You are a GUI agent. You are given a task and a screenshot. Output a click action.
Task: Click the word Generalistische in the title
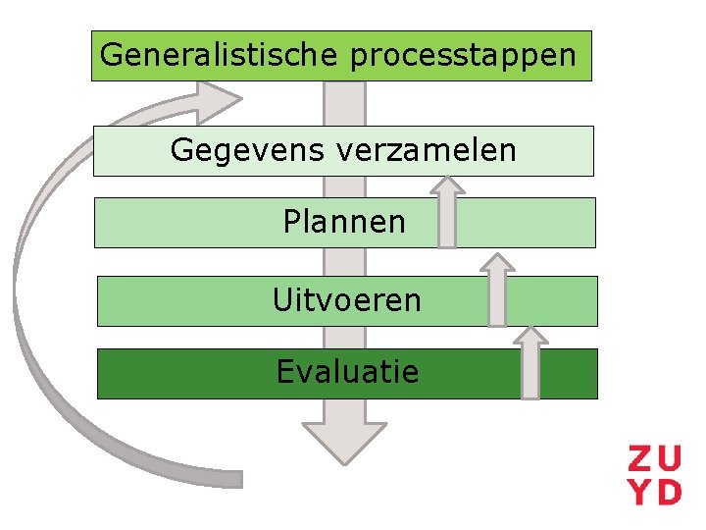[221, 55]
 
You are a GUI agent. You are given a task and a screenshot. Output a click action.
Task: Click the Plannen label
[344, 222]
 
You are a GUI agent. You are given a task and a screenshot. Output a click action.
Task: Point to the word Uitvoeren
[347, 300]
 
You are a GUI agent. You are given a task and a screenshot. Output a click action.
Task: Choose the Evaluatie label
[347, 372]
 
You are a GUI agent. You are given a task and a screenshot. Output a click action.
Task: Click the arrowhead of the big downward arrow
[344, 441]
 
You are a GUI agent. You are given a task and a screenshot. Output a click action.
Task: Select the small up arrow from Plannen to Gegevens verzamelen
[447, 211]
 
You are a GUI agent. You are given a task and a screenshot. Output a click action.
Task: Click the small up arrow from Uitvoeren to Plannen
[498, 290]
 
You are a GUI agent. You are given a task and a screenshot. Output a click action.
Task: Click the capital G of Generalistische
[111, 55]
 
